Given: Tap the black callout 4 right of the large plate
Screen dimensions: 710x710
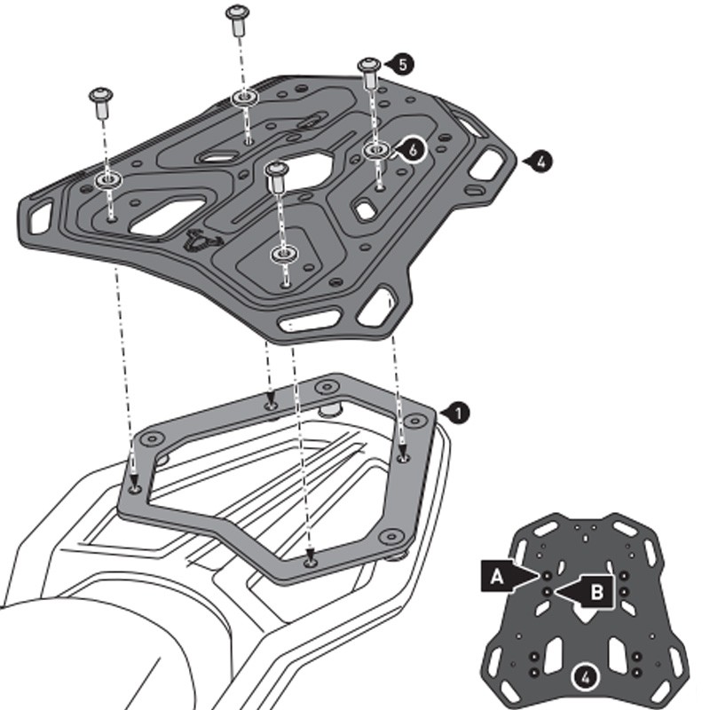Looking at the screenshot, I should (541, 161).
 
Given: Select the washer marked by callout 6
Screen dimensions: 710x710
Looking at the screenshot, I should (376, 150).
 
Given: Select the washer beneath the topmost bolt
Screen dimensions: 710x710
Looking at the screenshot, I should (245, 97).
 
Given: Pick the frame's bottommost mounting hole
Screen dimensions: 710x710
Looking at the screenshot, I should (310, 562).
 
